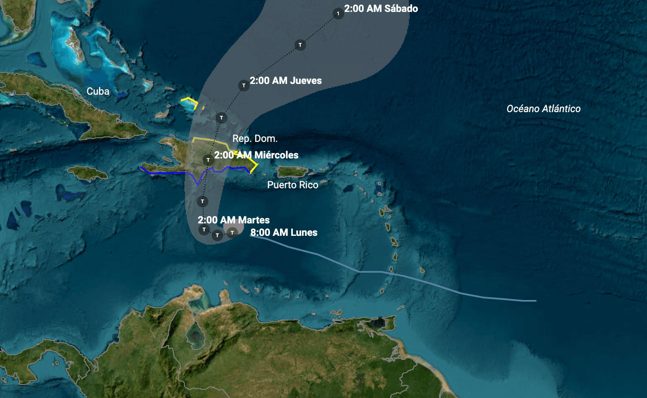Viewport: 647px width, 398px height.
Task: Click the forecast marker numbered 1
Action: point(338,13)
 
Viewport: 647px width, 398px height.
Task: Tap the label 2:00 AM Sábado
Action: point(381,9)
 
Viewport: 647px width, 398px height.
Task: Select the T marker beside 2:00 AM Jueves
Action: point(244,85)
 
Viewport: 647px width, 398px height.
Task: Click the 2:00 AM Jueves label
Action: point(286,80)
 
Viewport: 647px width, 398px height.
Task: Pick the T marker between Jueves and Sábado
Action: point(300,45)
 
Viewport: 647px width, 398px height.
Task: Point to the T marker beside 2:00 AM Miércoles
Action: point(208,160)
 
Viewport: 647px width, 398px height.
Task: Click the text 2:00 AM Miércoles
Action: point(256,155)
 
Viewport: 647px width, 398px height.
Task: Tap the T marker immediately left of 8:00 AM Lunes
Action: point(232,232)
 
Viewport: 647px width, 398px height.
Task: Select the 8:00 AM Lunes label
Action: point(284,232)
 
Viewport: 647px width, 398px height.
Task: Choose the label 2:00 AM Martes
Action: point(234,220)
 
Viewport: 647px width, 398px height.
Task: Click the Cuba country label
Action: point(98,91)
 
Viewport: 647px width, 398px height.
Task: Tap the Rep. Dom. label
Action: point(255,138)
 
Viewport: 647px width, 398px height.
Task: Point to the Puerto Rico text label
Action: point(293,185)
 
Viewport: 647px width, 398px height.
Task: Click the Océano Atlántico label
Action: point(543,109)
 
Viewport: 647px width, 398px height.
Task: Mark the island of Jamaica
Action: point(88,173)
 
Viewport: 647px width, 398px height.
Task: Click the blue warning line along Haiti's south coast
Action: point(167,172)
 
